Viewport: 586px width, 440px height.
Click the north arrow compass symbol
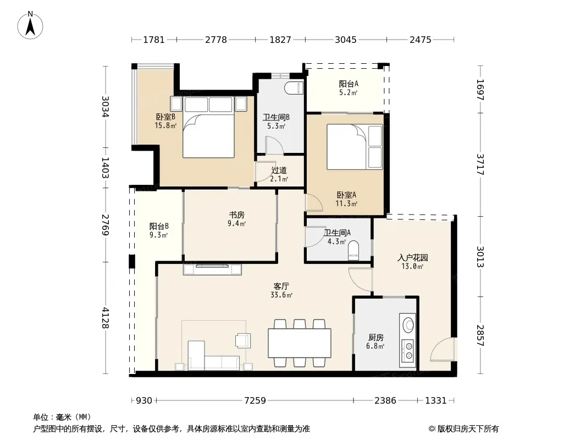(x=30, y=25)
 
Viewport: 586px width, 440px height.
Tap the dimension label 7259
(x=255, y=401)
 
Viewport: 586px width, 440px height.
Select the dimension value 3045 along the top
(x=346, y=40)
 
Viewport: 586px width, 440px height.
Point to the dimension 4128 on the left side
(x=106, y=318)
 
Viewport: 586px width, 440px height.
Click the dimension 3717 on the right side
(x=480, y=164)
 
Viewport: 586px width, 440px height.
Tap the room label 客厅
(x=281, y=287)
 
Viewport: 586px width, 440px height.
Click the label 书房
(x=236, y=215)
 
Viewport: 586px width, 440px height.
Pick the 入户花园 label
(x=412, y=257)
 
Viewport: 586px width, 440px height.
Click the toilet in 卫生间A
(x=353, y=250)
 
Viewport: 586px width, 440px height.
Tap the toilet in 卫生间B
(x=294, y=88)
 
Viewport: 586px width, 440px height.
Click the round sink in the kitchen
(x=408, y=324)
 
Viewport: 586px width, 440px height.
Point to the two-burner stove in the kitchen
(x=408, y=351)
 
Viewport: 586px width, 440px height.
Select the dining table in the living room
(x=300, y=343)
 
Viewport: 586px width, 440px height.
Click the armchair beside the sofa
(x=242, y=340)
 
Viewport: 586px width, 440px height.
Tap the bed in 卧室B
(x=208, y=127)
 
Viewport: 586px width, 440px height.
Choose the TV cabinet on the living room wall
(x=212, y=269)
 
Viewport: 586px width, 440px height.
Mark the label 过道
(x=279, y=170)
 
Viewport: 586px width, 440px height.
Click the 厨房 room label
(x=375, y=338)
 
